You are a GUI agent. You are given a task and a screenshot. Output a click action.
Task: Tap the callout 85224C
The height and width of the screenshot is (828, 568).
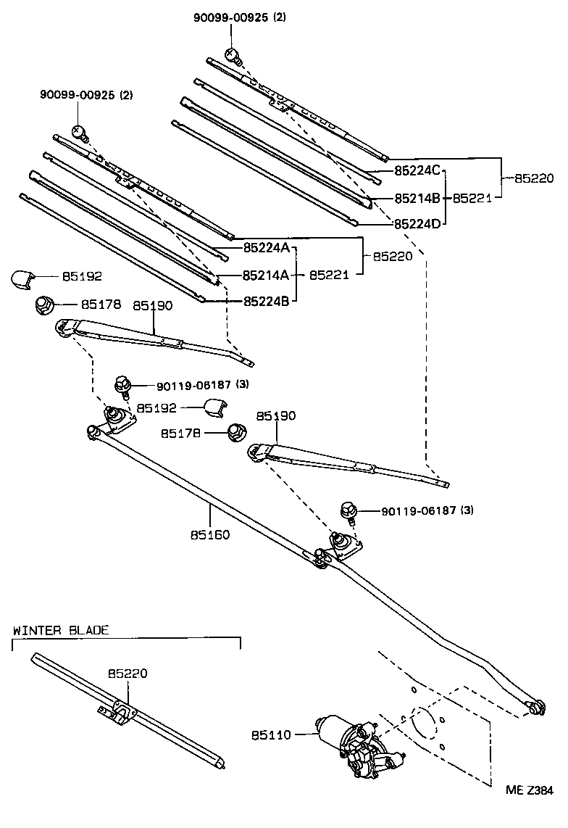click(x=417, y=171)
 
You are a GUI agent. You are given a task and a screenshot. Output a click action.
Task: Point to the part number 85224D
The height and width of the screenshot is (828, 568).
click(x=417, y=224)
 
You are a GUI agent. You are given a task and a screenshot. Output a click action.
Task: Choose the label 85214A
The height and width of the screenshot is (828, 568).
click(x=266, y=276)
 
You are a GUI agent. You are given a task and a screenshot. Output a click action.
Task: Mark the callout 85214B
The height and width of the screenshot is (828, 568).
click(x=417, y=198)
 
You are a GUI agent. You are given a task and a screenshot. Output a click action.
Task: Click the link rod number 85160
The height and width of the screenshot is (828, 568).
click(x=210, y=535)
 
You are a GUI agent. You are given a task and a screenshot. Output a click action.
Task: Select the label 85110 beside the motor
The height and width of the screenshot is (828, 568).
click(x=271, y=735)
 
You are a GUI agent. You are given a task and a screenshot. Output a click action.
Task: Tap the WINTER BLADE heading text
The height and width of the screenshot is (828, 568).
click(x=61, y=630)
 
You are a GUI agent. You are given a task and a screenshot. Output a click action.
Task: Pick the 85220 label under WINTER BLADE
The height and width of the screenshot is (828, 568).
click(x=128, y=674)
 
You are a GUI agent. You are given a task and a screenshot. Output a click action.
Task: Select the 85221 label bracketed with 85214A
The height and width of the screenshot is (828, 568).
click(x=330, y=276)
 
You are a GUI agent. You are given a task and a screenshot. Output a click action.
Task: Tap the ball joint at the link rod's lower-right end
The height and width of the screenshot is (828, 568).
click(x=536, y=708)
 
